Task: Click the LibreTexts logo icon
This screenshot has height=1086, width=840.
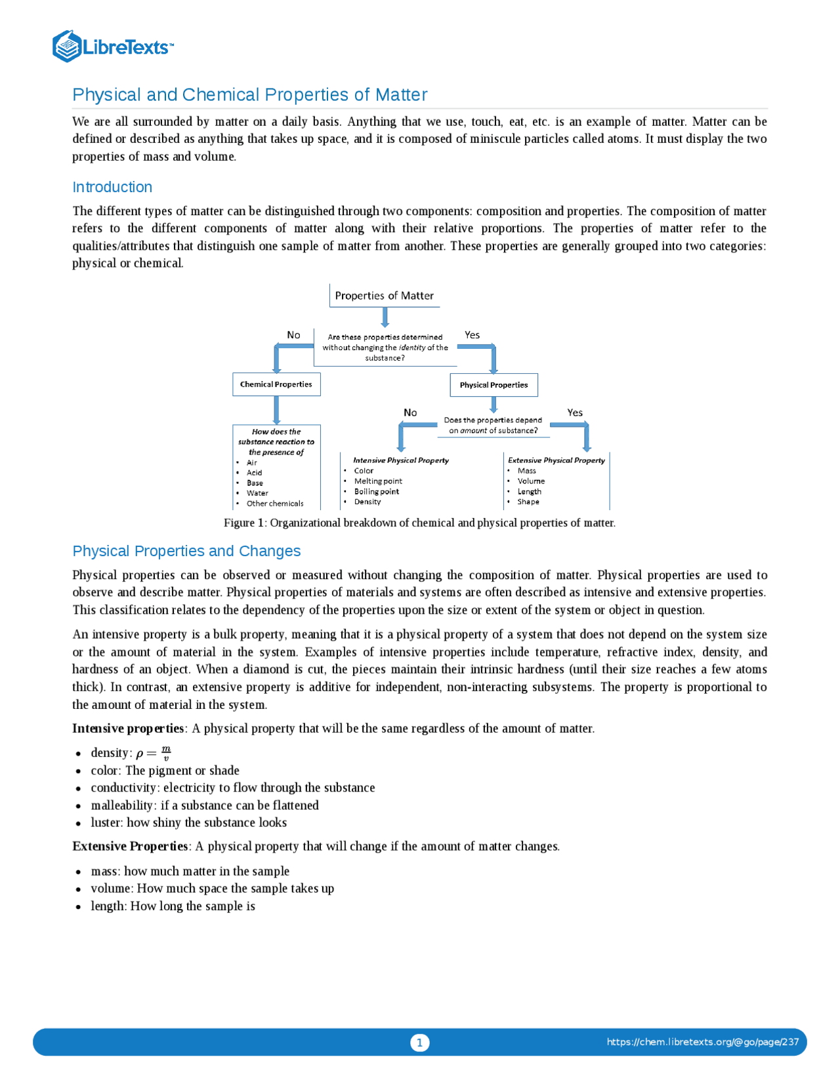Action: (x=66, y=47)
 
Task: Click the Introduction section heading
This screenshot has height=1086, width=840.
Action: (x=112, y=188)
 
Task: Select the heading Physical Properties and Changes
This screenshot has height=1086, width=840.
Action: (x=186, y=551)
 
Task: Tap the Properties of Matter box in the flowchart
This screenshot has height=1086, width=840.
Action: (x=384, y=296)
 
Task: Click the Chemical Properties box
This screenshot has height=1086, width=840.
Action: (x=276, y=385)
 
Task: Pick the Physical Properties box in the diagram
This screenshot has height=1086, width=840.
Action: (x=493, y=386)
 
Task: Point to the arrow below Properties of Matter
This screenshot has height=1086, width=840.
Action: (x=385, y=317)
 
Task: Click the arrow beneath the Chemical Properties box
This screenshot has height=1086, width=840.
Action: (x=276, y=411)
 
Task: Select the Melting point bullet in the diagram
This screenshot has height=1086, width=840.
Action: (x=378, y=481)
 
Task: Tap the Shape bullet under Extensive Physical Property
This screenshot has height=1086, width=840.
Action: (x=528, y=502)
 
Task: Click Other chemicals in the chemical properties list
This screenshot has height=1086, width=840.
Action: (x=275, y=504)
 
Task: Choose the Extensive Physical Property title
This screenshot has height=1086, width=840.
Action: (x=556, y=460)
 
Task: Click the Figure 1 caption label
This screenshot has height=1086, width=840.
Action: (x=244, y=523)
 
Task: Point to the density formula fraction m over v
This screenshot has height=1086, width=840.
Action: (x=166, y=754)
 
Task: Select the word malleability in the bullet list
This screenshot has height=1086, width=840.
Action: (x=123, y=805)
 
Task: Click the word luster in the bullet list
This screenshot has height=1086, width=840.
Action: (x=106, y=823)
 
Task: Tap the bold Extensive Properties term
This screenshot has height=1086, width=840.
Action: (x=131, y=847)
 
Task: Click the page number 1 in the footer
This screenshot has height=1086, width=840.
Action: (x=420, y=1043)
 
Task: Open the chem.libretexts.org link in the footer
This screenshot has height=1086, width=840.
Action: (x=702, y=1042)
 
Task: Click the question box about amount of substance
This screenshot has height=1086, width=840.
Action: (x=493, y=426)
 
